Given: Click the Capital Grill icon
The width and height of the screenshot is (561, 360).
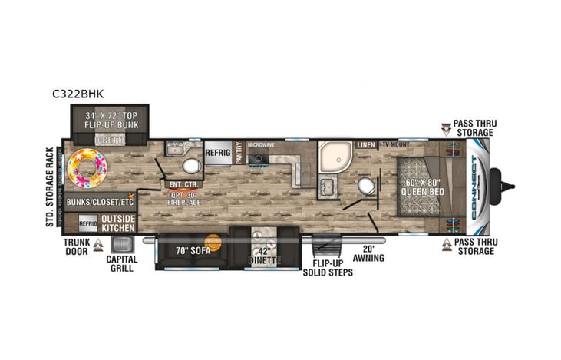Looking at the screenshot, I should pos(121,245).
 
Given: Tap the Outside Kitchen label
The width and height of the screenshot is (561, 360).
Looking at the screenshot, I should pos(118,223).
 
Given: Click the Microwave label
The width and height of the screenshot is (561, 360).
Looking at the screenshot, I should pos(261,144).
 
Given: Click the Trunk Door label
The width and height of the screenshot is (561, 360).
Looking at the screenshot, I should pos(78,246).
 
